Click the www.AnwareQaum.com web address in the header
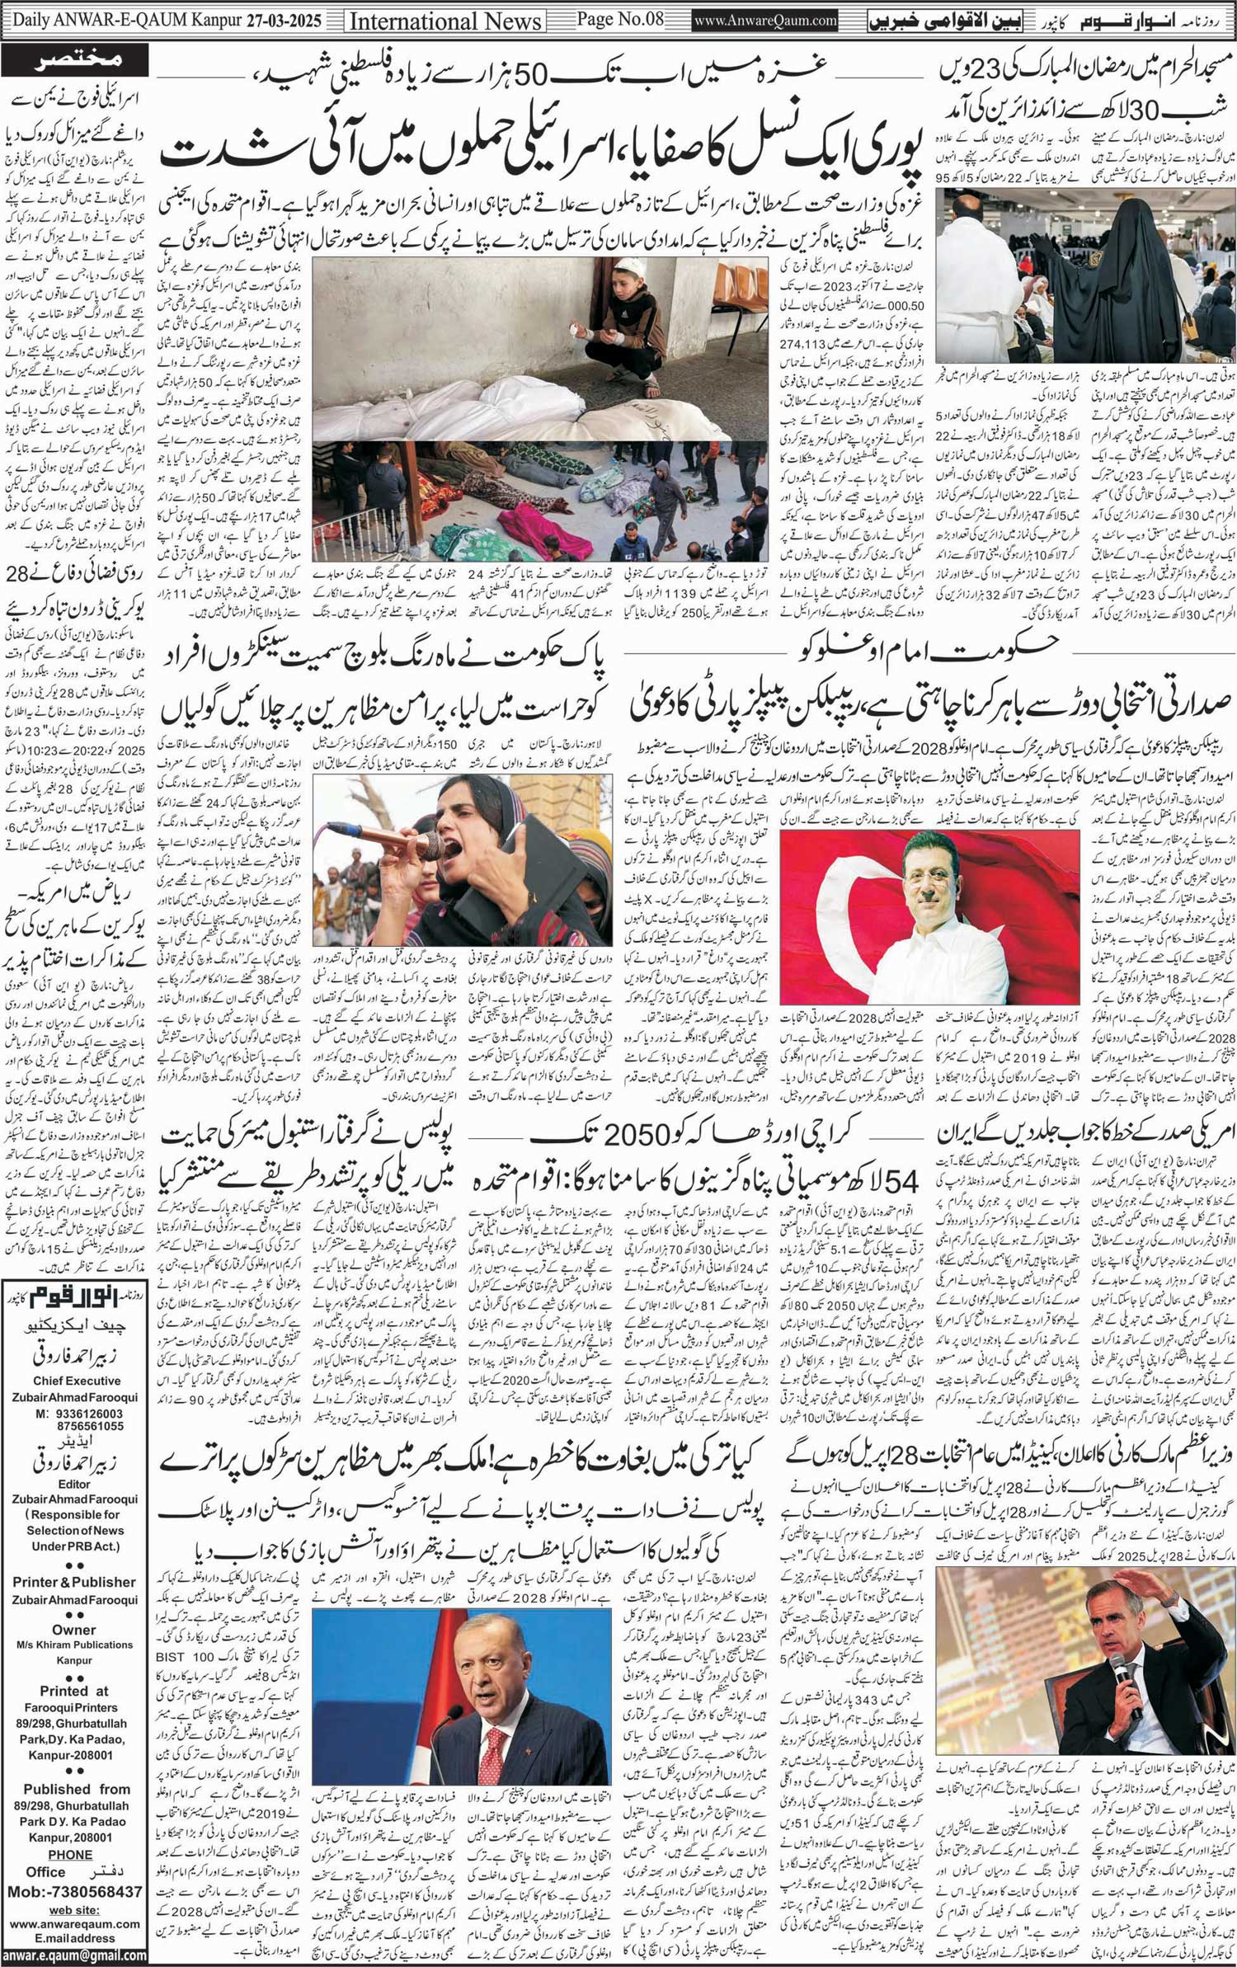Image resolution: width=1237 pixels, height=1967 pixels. (x=765, y=21)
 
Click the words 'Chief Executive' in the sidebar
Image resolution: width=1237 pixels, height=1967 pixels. (x=77, y=1381)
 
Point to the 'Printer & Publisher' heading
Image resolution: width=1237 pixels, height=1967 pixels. (x=74, y=1582)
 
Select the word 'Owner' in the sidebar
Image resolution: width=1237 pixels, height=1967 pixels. (x=74, y=1629)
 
